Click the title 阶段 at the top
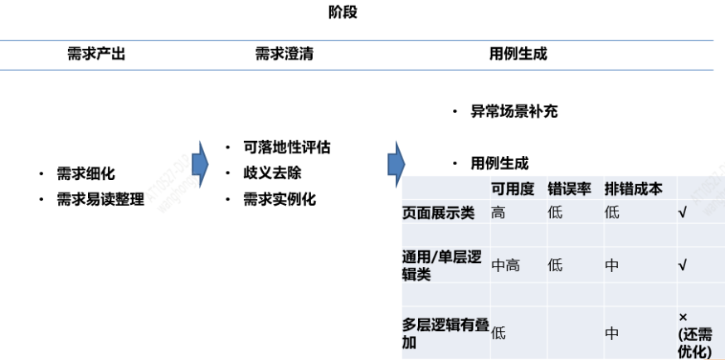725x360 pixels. [x=343, y=13]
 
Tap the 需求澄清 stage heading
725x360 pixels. [x=284, y=55]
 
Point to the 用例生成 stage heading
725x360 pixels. [x=518, y=55]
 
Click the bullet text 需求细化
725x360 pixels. [x=85, y=174]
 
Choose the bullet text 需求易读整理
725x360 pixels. [x=100, y=200]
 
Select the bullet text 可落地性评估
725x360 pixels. [x=286, y=148]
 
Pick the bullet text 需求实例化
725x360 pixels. [x=280, y=200]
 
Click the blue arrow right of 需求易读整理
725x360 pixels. [x=199, y=163]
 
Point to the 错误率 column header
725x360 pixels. [x=569, y=188]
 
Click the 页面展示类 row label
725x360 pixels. [x=438, y=213]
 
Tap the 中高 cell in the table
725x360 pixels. [x=506, y=265]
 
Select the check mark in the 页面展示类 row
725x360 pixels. [x=682, y=213]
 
